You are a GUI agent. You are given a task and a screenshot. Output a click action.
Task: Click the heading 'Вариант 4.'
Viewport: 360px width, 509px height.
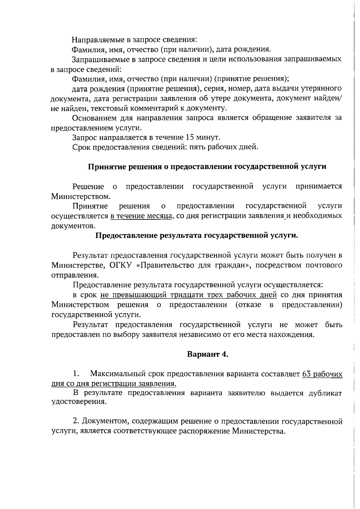pos(208,354)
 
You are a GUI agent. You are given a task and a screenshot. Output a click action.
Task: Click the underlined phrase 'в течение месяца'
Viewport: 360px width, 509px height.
pos(142,216)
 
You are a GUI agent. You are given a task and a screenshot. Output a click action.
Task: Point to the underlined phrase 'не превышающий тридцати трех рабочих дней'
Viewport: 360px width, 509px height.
pos(188,295)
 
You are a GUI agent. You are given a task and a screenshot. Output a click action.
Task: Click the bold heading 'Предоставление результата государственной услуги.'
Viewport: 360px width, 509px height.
pos(196,236)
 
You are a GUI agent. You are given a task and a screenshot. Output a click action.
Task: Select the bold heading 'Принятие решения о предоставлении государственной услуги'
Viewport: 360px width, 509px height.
pos(207,167)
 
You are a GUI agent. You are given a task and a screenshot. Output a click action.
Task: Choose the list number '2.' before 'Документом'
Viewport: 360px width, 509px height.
pos(76,421)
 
